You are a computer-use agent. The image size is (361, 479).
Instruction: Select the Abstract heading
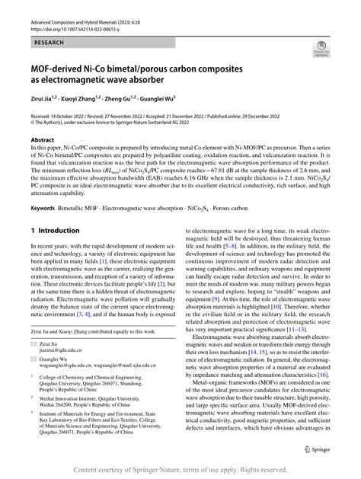42,140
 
